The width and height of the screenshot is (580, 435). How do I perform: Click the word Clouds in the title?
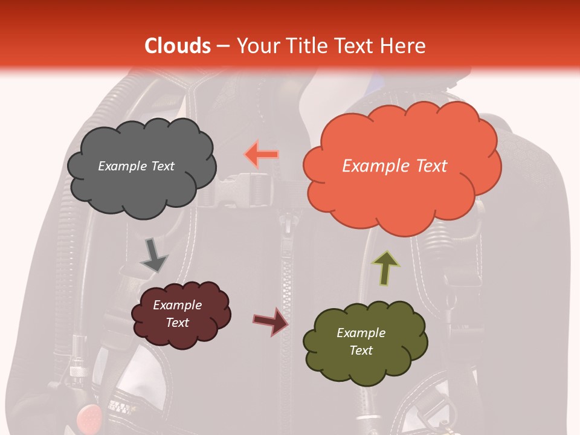(x=178, y=46)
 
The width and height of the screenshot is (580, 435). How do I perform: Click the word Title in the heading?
(x=306, y=46)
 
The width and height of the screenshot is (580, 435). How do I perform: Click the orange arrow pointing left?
(x=262, y=154)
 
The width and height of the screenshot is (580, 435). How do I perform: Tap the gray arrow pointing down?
(x=153, y=254)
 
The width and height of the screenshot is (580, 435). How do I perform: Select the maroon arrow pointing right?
(x=271, y=321)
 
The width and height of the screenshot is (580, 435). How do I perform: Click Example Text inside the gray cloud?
(x=136, y=166)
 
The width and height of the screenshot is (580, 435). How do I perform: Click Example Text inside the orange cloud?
(x=395, y=166)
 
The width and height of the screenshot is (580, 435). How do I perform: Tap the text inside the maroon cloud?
(x=178, y=314)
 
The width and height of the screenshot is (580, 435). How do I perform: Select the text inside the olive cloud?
(x=361, y=341)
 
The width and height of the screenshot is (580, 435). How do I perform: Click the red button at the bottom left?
(x=88, y=416)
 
